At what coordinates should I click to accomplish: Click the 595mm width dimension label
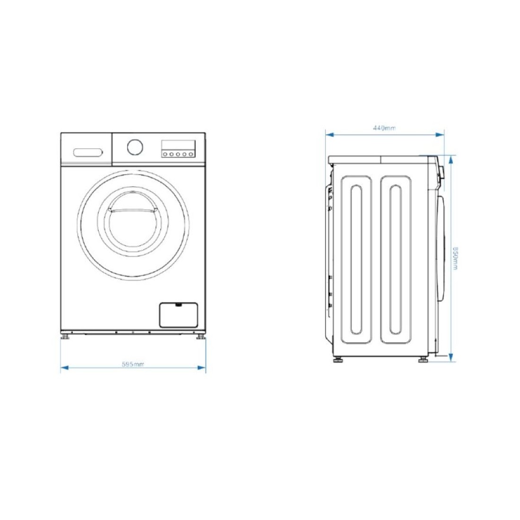click(x=133, y=364)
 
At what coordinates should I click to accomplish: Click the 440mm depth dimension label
click(x=384, y=128)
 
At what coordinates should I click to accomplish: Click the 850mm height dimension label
click(x=455, y=258)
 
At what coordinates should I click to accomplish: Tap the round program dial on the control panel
click(x=135, y=147)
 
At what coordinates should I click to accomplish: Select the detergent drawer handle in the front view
click(x=88, y=153)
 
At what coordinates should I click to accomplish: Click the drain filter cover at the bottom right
click(x=178, y=315)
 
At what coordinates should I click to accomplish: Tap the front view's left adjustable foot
click(x=65, y=337)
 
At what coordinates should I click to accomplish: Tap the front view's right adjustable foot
click(x=200, y=337)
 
